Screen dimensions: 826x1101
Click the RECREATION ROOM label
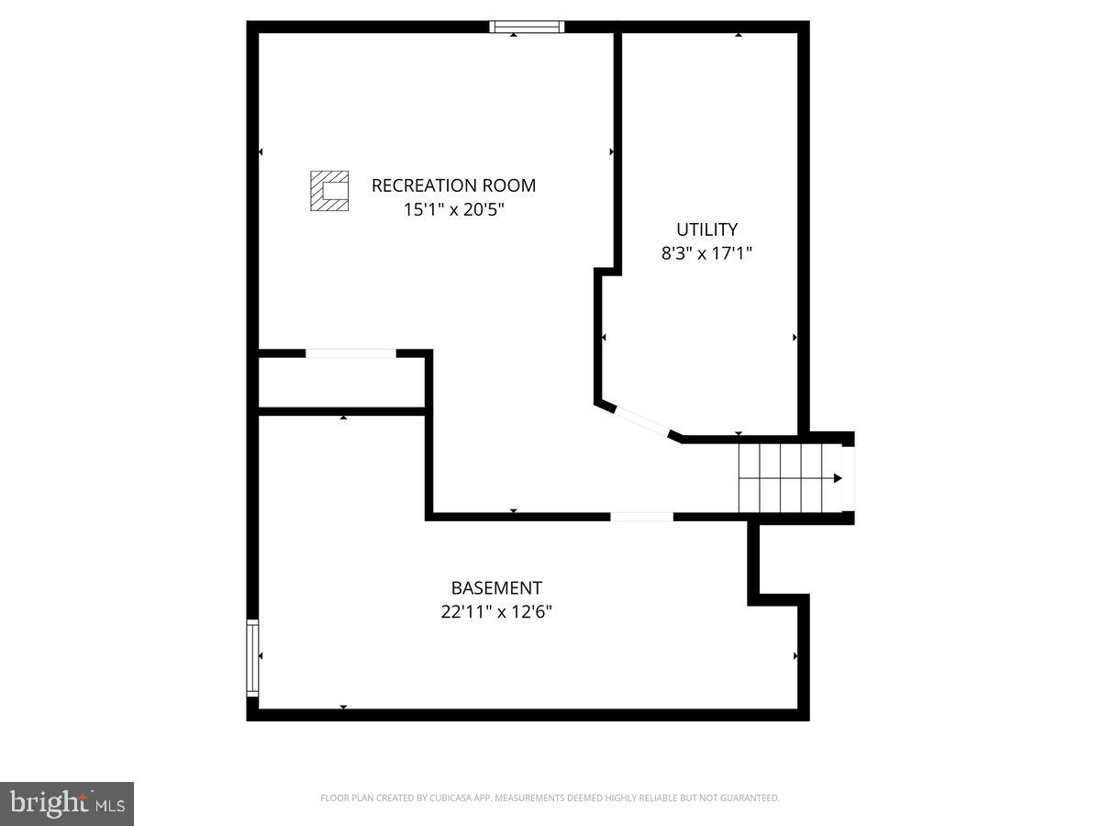point(453,185)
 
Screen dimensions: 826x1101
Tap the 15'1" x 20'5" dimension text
point(453,209)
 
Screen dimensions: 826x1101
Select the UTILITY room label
point(706,229)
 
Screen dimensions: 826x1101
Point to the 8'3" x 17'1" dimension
point(706,253)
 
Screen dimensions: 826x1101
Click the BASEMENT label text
point(495,587)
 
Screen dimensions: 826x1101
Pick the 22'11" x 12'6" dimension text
point(495,611)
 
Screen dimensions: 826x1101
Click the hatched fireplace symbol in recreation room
point(329,191)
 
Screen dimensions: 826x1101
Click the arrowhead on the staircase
point(837,478)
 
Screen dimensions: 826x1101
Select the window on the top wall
point(527,27)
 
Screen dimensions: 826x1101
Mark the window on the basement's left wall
point(252,658)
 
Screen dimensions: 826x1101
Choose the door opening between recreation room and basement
point(641,517)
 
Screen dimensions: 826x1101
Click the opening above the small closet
point(350,353)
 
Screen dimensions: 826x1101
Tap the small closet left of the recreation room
point(340,382)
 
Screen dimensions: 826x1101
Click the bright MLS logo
point(67,804)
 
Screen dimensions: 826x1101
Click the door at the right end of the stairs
point(849,478)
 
